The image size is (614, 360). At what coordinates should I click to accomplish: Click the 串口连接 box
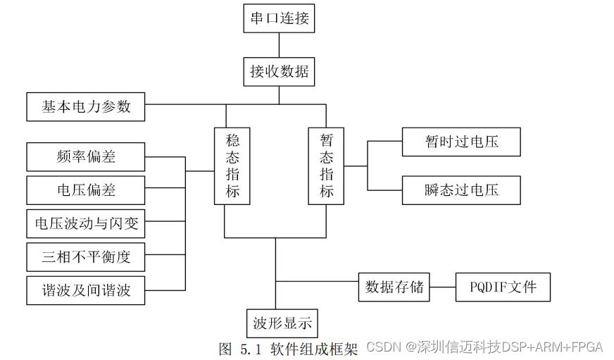click(279, 18)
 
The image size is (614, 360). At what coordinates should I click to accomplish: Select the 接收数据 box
click(279, 71)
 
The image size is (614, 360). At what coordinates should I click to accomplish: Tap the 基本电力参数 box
click(85, 107)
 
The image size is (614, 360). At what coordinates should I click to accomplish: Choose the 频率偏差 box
click(85, 156)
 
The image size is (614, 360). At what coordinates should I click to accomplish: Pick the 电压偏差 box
click(85, 190)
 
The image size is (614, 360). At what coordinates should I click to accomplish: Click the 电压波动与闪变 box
click(85, 224)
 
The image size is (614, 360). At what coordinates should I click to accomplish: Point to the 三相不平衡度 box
click(85, 257)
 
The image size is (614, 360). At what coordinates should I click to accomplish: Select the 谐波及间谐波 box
click(85, 290)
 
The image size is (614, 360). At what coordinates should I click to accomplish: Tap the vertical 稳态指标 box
click(232, 166)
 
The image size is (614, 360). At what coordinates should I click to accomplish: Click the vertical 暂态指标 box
click(326, 166)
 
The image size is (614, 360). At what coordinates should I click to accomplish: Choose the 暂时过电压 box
click(461, 142)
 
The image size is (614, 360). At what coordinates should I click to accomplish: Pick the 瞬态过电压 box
click(461, 190)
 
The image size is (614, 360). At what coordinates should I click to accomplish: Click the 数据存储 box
click(394, 287)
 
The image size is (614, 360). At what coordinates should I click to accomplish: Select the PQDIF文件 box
click(503, 287)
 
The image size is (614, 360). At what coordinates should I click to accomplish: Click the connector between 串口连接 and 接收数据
click(279, 44)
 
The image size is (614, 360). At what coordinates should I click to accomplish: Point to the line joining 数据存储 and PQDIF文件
click(442, 287)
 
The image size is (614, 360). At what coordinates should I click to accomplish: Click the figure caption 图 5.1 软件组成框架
click(289, 348)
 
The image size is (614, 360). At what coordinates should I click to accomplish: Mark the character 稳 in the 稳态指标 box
click(232, 139)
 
